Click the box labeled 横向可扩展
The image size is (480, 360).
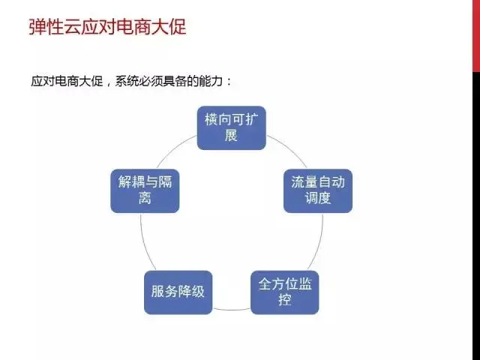pos(232,128)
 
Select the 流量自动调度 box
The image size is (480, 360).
pos(318,191)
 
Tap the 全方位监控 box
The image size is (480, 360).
pos(285,292)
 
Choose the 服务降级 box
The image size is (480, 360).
pos(178,292)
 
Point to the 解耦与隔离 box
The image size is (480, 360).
pos(145,191)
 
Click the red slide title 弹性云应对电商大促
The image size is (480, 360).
pos(107,27)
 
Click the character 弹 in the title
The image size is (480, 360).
pos(37,27)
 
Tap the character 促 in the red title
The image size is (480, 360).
pos(178,27)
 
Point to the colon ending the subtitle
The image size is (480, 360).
pos(229,82)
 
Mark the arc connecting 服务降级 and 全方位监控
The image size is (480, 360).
pos(232,310)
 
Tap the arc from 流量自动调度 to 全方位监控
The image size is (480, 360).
pos(318,243)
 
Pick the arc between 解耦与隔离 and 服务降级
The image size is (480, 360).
pos(145,243)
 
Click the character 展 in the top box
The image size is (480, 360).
pos(232,136)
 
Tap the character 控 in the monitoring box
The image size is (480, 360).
pos(285,300)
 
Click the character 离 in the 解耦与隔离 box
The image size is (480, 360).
pos(145,198)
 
